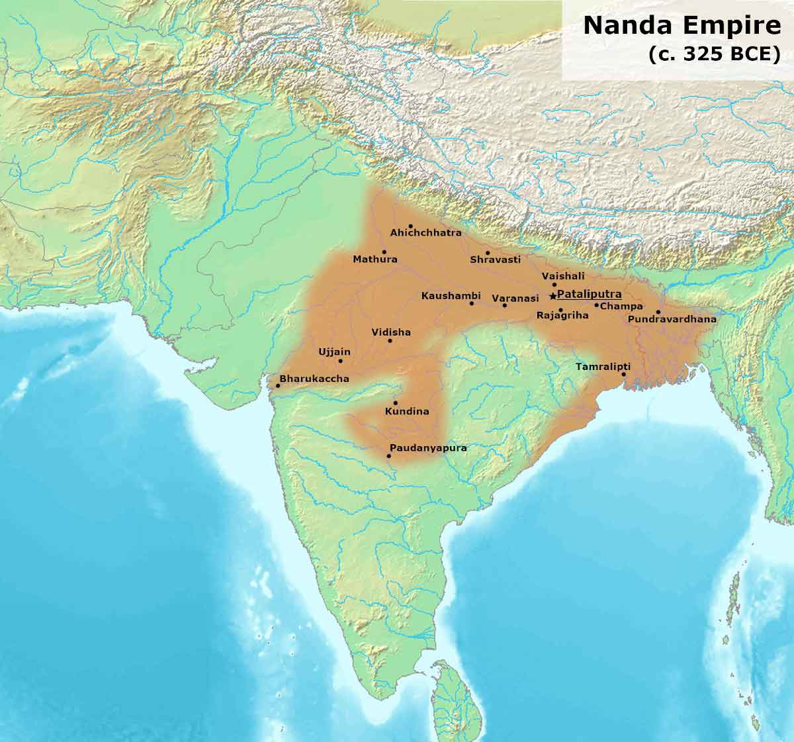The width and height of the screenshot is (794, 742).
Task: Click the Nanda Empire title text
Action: (682, 26)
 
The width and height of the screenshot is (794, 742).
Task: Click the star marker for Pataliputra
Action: (552, 296)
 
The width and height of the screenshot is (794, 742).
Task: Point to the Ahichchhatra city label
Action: (425, 233)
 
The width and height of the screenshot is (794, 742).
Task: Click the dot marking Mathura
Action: (384, 252)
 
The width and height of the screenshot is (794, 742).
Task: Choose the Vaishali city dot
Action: (554, 285)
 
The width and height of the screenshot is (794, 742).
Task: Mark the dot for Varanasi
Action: (504, 305)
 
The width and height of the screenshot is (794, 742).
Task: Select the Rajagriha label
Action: (562, 316)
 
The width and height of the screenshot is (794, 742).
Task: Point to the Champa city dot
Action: (596, 305)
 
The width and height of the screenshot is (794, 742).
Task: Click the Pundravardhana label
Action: (672, 319)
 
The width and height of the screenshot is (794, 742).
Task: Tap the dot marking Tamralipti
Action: (623, 374)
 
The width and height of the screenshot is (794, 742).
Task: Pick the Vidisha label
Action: (391, 332)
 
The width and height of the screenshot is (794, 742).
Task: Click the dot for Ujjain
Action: (341, 361)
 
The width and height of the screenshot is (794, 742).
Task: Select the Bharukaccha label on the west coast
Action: (314, 379)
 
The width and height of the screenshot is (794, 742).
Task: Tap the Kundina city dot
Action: (395, 402)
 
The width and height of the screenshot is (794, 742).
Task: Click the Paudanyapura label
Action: (428, 448)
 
